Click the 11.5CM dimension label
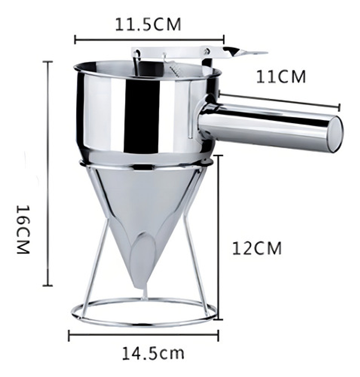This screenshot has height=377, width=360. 148,24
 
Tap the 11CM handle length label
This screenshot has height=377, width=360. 281,77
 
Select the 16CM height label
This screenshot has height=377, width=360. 23,229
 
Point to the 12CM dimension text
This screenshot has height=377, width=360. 257,248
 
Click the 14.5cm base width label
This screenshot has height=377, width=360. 153,353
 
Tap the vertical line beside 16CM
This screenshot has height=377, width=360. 48,173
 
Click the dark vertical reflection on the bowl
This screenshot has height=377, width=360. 141,116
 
